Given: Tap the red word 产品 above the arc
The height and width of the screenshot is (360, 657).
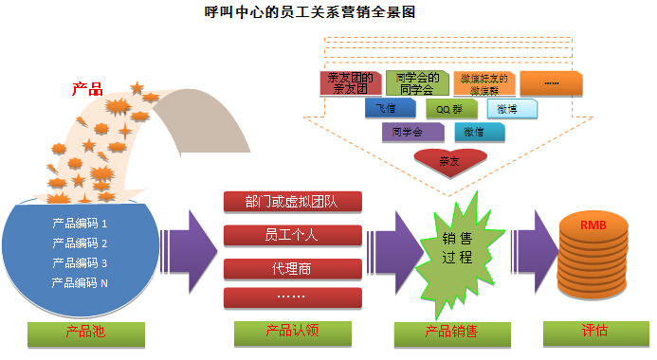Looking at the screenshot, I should [87, 90].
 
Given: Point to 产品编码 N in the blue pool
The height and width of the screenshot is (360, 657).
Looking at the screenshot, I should [80, 282].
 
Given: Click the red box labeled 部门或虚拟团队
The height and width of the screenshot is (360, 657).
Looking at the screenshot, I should [292, 202].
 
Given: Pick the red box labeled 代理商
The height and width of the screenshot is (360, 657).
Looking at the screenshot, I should [292, 268].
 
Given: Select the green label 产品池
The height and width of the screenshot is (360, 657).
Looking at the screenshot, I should [86, 333].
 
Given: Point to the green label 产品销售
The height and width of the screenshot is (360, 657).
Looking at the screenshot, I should [450, 333].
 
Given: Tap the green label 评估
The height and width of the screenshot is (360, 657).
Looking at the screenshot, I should [594, 333].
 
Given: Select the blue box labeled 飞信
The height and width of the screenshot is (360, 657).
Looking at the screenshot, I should [389, 109].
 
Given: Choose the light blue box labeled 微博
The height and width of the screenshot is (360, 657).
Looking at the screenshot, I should [512, 109].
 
